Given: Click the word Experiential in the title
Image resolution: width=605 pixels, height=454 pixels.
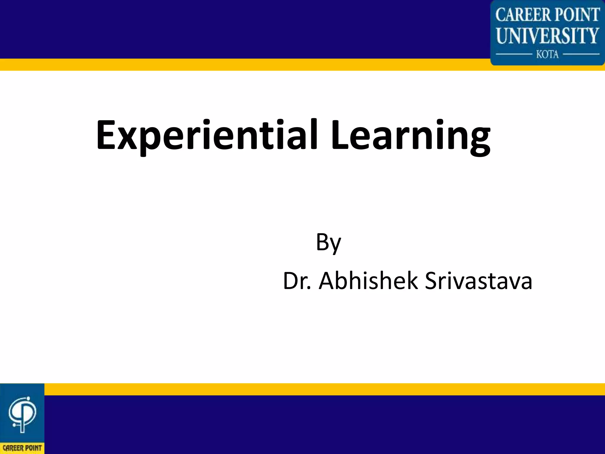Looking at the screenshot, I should pyautogui.click(x=207, y=135).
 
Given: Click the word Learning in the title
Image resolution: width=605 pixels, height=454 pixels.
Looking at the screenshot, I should pyautogui.click(x=410, y=135).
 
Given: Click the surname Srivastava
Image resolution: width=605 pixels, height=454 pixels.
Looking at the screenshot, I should pyautogui.click(x=479, y=281).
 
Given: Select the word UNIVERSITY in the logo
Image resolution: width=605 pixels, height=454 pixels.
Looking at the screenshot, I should pyautogui.click(x=547, y=35).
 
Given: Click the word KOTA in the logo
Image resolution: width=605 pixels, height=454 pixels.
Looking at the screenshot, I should pyautogui.click(x=547, y=54).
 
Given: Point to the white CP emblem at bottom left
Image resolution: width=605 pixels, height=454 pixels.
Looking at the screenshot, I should pyautogui.click(x=22, y=414).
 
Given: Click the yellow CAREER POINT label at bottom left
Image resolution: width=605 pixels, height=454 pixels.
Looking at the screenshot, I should pyautogui.click(x=22, y=448).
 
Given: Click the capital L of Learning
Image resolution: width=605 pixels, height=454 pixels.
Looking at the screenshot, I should pyautogui.click(x=340, y=135).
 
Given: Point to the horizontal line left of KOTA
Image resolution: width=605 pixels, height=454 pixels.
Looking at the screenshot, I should pyautogui.click(x=513, y=54).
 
